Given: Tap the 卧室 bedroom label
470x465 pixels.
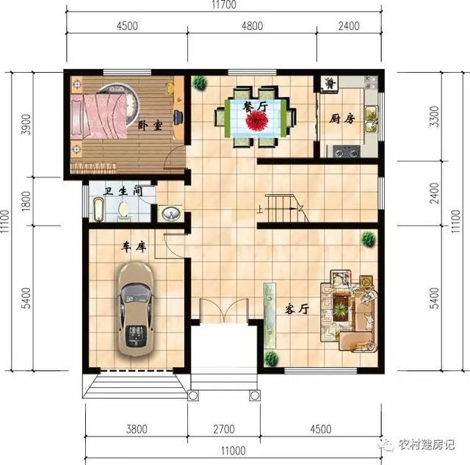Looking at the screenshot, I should [x=150, y=125].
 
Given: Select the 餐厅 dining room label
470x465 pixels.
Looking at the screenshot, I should [x=253, y=107].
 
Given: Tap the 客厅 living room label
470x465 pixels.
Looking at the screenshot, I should [x=296, y=309].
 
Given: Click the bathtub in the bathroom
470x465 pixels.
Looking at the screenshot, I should [x=98, y=209].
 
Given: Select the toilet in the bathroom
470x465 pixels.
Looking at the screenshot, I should [x=123, y=210].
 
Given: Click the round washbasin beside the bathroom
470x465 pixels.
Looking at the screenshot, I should [x=171, y=214].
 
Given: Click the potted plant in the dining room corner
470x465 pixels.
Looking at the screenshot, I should [x=199, y=83].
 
